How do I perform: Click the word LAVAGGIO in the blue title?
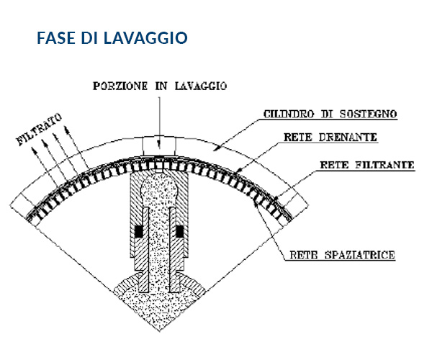pyautogui.click(x=145, y=38)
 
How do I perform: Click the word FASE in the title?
pyautogui.click(x=56, y=38)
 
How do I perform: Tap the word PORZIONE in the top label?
pyautogui.click(x=120, y=86)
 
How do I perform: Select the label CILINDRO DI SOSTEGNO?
pyautogui.click(x=330, y=114)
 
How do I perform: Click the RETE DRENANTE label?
pyautogui.click(x=330, y=138)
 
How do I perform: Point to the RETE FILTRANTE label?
pyautogui.click(x=367, y=165)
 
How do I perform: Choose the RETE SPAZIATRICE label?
pyautogui.click(x=343, y=255)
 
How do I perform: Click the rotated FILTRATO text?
pyautogui.click(x=39, y=130)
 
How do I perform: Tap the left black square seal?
pyautogui.click(x=139, y=231)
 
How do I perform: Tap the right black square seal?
pyautogui.click(x=179, y=231)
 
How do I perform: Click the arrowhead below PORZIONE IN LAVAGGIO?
pyautogui.click(x=159, y=145)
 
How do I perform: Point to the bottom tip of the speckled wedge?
pyautogui.click(x=160, y=330)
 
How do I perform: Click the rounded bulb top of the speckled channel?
pyautogui.click(x=159, y=185)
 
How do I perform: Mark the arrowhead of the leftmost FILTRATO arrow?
pyautogui.click(x=34, y=150)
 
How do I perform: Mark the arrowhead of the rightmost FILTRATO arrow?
pyautogui.click(x=67, y=129)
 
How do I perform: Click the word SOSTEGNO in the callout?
pyautogui.click(x=368, y=114)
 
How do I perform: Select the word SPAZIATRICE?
pyautogui.click(x=360, y=255)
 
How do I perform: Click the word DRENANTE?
pyautogui.click(x=348, y=138)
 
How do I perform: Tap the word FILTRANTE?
pyautogui.click(x=384, y=165)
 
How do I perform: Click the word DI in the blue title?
pyautogui.click(x=89, y=38)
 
